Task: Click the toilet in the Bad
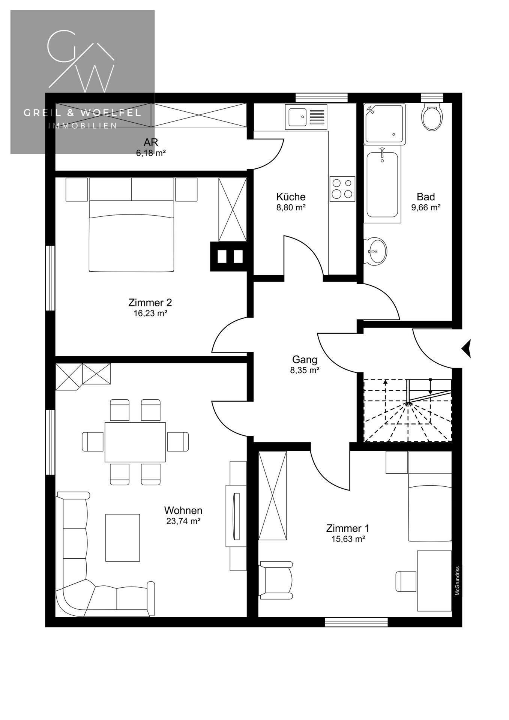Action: (432, 117)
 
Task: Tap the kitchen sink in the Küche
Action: (306, 117)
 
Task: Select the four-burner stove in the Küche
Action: (342, 189)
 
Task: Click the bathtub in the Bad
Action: (382, 184)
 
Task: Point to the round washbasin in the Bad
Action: (376, 251)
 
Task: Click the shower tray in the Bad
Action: (385, 124)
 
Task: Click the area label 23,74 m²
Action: (183, 521)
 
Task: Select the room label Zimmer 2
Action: (150, 302)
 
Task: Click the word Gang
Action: (305, 360)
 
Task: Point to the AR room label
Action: (151, 142)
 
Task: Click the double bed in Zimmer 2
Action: (131, 225)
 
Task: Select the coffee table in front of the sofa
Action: (123, 538)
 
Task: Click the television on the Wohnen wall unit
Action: (236, 516)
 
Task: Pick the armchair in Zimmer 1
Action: (276, 580)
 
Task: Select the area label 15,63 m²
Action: (348, 539)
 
